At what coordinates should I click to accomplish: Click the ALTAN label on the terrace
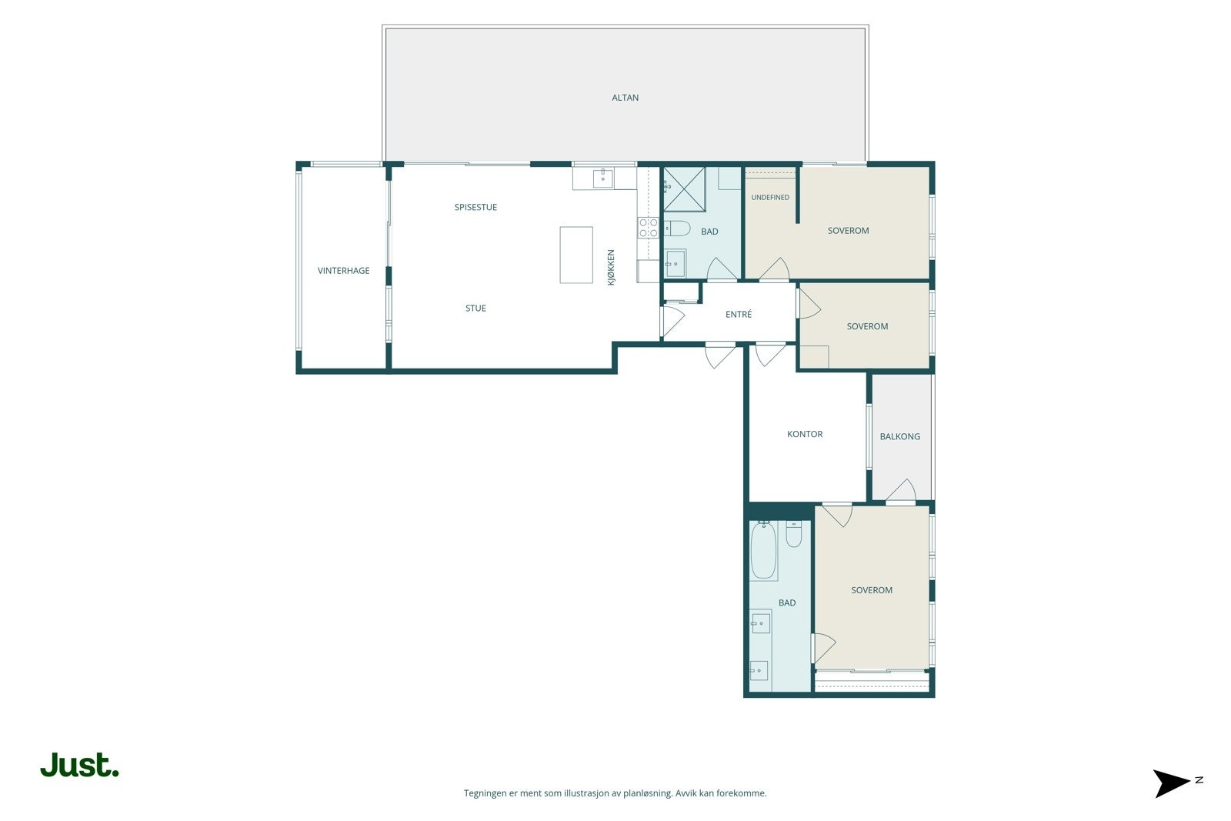coord(625,98)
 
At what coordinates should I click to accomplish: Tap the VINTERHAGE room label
coord(343,270)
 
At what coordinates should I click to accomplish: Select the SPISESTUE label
coord(475,207)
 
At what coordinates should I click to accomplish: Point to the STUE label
coord(475,309)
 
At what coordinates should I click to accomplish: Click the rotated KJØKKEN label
coord(611,268)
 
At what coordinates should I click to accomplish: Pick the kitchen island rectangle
coord(576,255)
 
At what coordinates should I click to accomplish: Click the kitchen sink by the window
coord(603,178)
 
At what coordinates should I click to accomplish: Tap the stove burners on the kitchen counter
coord(648,228)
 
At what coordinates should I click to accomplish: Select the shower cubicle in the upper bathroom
coord(684,189)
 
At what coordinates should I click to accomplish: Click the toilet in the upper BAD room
coord(677,228)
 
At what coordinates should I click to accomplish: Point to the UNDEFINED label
coord(770,197)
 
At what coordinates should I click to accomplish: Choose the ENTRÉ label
coord(738,315)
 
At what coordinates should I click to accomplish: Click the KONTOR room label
coord(805,434)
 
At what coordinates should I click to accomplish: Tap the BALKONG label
coord(899,436)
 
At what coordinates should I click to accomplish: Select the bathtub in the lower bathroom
coord(763,551)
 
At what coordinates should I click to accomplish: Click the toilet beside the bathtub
coord(793,534)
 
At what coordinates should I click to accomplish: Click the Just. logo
coord(79,765)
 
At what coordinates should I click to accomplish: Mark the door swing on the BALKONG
coord(901,490)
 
